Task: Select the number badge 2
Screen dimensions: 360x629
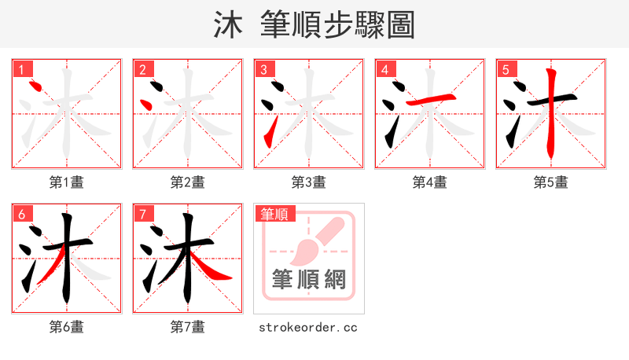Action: point(142,69)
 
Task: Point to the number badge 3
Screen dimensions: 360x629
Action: point(263,69)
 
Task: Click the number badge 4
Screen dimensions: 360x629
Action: point(384,69)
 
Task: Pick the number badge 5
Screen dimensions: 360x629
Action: point(506,69)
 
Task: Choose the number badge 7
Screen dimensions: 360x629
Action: point(142,214)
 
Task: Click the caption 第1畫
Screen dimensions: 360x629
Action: point(67,182)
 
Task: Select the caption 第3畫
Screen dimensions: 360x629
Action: point(309,182)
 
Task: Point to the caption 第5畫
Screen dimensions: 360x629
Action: point(551,182)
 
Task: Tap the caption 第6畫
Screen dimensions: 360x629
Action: point(67,327)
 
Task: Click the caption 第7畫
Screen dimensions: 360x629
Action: point(188,327)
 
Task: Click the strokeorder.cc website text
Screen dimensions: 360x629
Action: point(308,327)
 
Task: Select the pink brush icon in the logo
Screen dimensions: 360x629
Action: point(314,240)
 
